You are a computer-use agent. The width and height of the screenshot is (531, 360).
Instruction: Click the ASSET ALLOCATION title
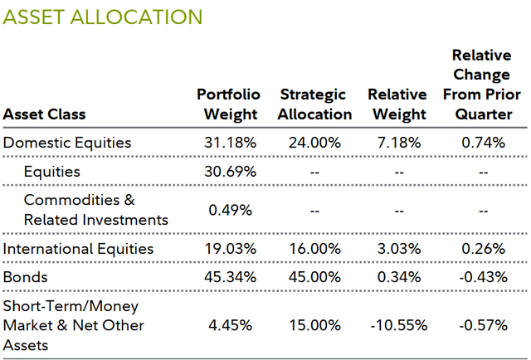[x=102, y=16]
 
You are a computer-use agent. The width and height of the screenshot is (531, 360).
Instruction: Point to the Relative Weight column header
[x=397, y=105]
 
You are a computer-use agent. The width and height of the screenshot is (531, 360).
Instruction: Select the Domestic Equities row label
[x=67, y=142]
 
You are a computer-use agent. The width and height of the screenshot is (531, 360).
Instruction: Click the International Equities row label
[x=78, y=248]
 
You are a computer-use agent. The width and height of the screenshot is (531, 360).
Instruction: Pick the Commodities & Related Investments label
[x=95, y=210]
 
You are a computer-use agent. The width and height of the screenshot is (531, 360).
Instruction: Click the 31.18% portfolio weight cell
[x=230, y=142]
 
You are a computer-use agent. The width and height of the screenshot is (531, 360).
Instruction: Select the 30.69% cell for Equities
[x=230, y=172]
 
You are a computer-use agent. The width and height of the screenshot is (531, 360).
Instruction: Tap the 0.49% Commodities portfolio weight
[x=230, y=210]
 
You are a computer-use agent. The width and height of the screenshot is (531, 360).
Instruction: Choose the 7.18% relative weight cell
[x=397, y=142]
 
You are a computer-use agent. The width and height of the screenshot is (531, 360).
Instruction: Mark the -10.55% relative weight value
[x=397, y=324]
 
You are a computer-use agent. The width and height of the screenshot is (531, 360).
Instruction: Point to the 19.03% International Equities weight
[x=230, y=248]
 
